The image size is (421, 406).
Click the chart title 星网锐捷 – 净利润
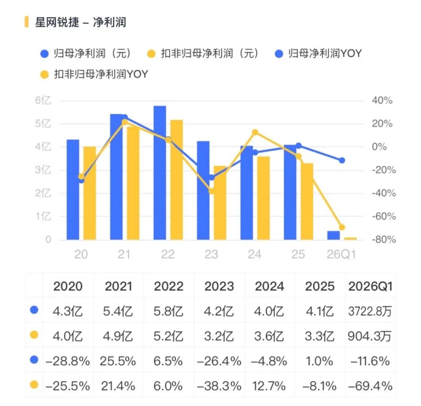pyautogui.click(x=81, y=22)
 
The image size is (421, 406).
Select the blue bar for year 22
pyautogui.click(x=160, y=173)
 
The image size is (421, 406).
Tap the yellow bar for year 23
pyautogui.click(x=220, y=203)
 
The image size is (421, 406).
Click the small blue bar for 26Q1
pyautogui.click(x=333, y=235)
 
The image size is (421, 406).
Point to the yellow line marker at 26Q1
pyautogui.click(x=342, y=228)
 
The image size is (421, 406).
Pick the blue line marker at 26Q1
pyautogui.click(x=342, y=160)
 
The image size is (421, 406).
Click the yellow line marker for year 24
pyautogui.click(x=255, y=132)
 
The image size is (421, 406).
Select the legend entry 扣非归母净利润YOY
pyautogui.click(x=94, y=74)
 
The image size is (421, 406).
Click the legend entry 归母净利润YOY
pyautogui.click(x=319, y=53)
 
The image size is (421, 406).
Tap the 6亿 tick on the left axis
pyautogui.click(x=43, y=100)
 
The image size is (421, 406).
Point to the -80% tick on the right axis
pyautogui.click(x=384, y=239)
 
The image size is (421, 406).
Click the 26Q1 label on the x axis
pyautogui.click(x=341, y=255)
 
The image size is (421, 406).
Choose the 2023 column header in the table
pyautogui.click(x=219, y=286)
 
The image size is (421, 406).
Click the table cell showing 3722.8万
pyautogui.click(x=370, y=312)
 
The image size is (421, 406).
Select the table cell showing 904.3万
pyautogui.click(x=370, y=336)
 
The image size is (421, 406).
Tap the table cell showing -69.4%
pyautogui.click(x=370, y=386)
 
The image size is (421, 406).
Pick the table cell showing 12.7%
pyautogui.click(x=269, y=386)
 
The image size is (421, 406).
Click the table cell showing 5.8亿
pyautogui.click(x=168, y=312)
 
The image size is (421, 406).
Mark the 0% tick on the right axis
pyautogui.click(x=379, y=147)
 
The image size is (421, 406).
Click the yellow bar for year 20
pyautogui.click(x=90, y=193)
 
